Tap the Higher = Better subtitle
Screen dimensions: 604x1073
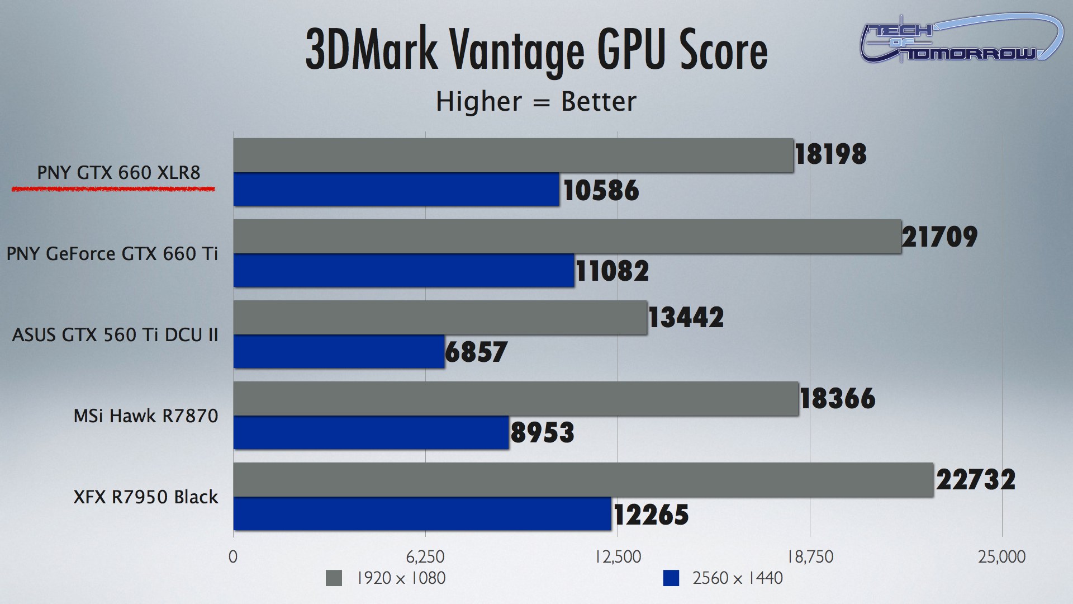(536, 102)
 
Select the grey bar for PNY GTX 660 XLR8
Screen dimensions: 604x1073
(513, 155)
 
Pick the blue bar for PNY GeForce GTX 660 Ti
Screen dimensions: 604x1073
(403, 271)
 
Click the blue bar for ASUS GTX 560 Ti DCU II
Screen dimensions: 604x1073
(339, 352)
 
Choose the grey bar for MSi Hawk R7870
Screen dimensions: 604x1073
(516, 399)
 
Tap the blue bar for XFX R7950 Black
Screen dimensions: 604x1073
(422, 514)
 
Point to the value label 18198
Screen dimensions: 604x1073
(830, 154)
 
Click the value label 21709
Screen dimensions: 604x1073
(939, 237)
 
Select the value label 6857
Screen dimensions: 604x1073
(476, 352)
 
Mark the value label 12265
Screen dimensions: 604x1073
(651, 515)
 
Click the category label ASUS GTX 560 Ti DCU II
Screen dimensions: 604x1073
(115, 335)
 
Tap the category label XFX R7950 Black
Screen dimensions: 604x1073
(146, 497)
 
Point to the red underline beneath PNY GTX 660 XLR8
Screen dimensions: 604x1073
(113, 190)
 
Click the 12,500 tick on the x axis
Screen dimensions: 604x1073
(618, 557)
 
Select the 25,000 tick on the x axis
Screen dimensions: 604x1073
(1001, 557)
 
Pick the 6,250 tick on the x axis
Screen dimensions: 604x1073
(425, 557)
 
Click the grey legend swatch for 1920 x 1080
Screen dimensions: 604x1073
(334, 578)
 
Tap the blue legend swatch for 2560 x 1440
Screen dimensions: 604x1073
(671, 578)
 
